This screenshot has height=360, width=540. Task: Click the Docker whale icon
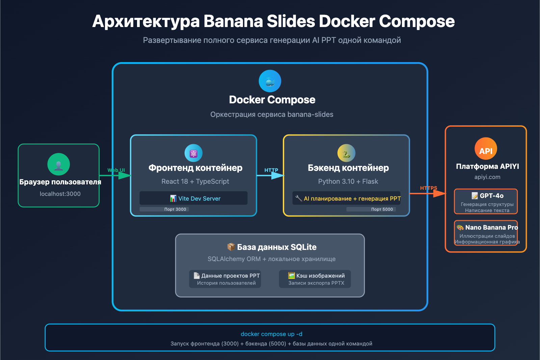(270, 81)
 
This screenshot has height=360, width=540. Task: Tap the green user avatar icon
(59, 164)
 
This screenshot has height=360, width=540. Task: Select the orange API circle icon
(486, 149)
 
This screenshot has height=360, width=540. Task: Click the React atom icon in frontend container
(193, 153)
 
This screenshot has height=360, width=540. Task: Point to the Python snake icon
(346, 153)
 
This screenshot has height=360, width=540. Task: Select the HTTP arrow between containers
(270, 175)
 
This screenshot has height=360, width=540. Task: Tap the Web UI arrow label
(116, 170)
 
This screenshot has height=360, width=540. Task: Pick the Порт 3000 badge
(175, 209)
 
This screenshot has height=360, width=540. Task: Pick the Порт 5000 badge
(382, 209)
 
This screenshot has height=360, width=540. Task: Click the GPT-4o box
(486, 201)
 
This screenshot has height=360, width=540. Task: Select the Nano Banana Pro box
(486, 233)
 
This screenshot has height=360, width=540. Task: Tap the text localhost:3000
(60, 194)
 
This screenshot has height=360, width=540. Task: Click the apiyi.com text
(487, 177)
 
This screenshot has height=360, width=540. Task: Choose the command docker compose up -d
(271, 334)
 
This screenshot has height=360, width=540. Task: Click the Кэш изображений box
(315, 279)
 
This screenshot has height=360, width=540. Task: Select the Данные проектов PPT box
(225, 279)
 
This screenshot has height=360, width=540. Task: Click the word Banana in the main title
(233, 21)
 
